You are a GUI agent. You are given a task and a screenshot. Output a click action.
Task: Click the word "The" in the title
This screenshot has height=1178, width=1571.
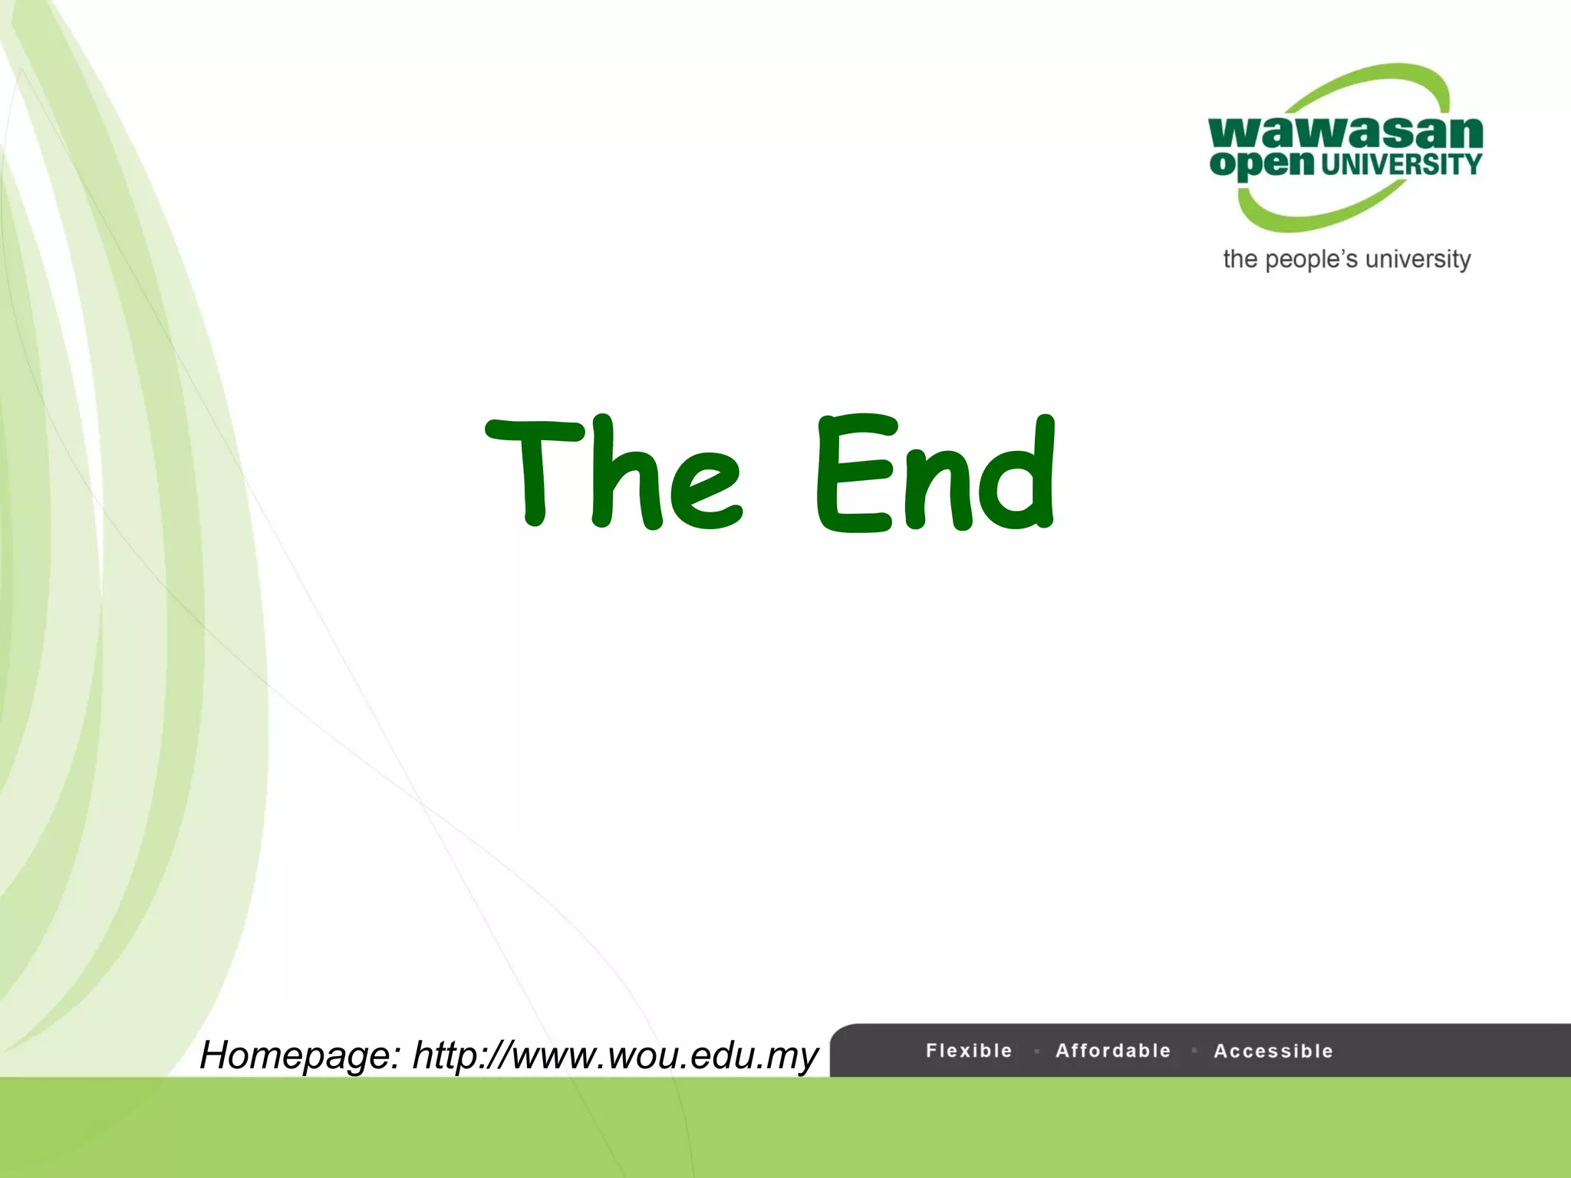(614, 474)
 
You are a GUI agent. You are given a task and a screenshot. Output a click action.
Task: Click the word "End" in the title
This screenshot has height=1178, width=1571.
(936, 474)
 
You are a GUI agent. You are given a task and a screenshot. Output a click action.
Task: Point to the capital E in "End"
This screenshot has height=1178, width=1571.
(854, 474)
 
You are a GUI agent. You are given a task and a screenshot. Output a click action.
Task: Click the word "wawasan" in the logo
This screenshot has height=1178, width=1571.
(1345, 133)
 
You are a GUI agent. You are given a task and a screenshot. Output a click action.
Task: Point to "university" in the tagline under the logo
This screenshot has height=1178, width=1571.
(1418, 260)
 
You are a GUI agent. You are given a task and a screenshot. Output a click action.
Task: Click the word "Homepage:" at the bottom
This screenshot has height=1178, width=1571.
(300, 1055)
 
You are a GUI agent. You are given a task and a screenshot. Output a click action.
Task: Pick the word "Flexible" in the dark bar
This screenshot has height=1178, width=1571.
(969, 1051)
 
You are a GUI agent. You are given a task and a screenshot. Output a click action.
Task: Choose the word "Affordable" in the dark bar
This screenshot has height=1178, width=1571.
(1113, 1051)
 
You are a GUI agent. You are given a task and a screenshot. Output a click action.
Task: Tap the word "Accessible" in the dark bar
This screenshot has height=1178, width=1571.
(1273, 1051)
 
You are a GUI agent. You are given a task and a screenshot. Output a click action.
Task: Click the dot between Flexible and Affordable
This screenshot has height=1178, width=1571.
(1036, 1051)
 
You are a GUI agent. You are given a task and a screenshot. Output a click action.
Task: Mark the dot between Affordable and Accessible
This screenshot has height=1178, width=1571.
(1194, 1051)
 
